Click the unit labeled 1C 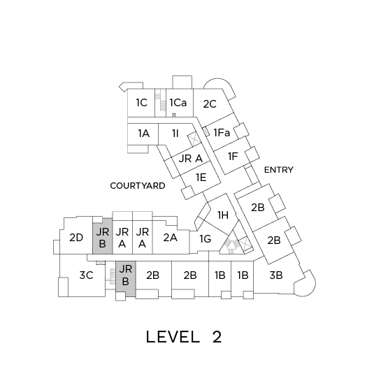coord(142,103)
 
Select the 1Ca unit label coord(178,103)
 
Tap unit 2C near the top coord(210,104)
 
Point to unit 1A coord(143,134)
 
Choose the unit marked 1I coord(175,134)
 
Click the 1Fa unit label coord(222,133)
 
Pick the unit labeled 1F coord(233,156)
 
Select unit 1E coord(201,177)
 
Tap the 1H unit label coord(223,215)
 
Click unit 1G coord(206,239)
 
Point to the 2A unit coord(170,238)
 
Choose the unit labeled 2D coord(76,238)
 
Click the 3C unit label coord(87,275)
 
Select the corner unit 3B coord(276,275)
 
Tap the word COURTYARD coord(138,186)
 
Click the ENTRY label coord(278,170)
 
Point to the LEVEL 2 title coord(184,337)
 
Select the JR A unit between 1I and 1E coord(191,159)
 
